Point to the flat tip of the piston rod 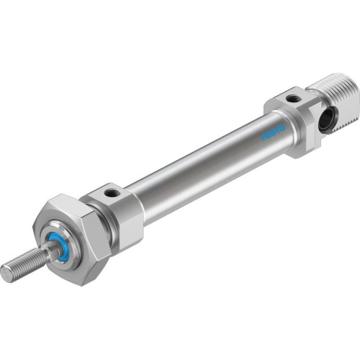point(6,273)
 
